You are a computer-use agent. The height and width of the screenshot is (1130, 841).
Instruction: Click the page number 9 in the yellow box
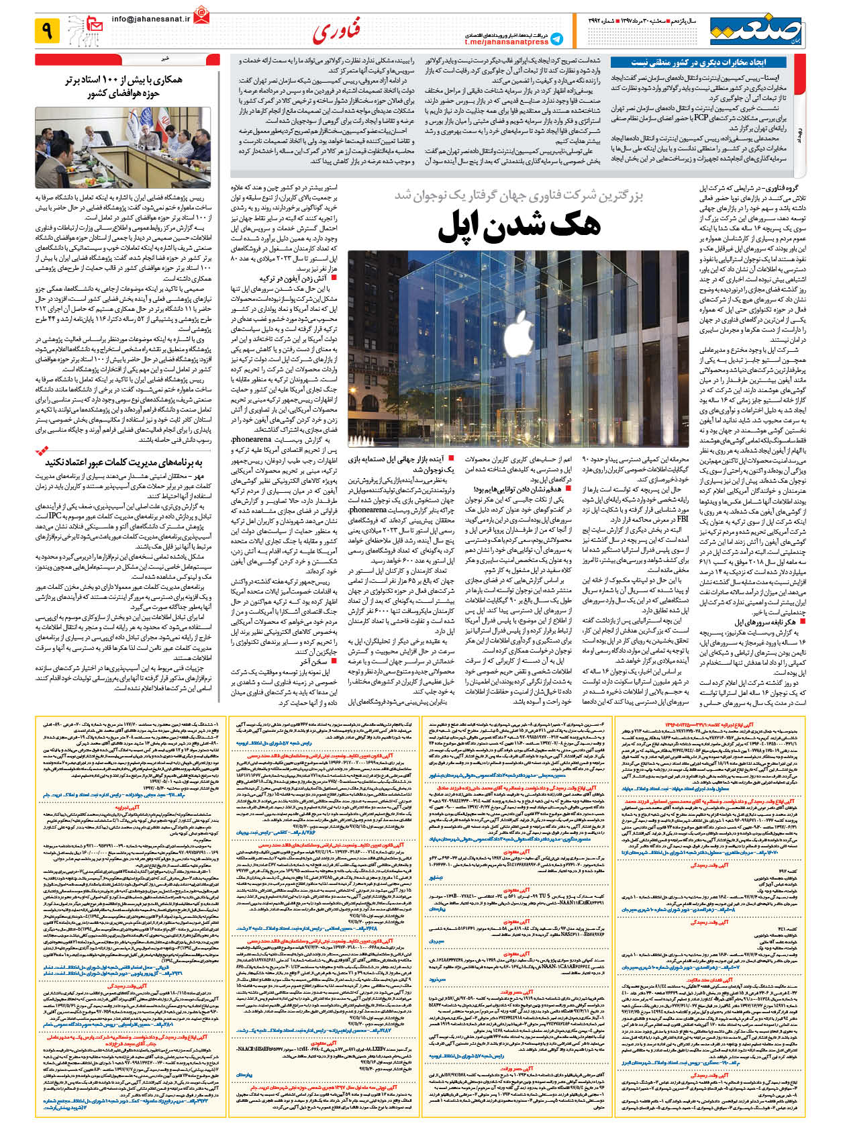pos(47,30)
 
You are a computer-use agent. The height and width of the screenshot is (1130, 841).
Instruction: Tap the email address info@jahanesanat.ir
pos(151,19)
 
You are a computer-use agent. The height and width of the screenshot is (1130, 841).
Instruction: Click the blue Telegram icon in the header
pos(556,39)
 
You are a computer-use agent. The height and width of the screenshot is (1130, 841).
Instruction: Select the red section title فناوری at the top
pos(336,30)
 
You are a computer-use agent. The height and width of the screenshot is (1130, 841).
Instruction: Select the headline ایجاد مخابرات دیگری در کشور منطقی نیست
pos(698,62)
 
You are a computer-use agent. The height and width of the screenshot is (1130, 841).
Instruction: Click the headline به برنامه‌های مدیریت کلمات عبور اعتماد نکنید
pos(124,463)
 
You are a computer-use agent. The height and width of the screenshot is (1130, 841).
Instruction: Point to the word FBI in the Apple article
pos(683,518)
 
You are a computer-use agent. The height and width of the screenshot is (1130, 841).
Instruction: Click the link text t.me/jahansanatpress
pos(507,42)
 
